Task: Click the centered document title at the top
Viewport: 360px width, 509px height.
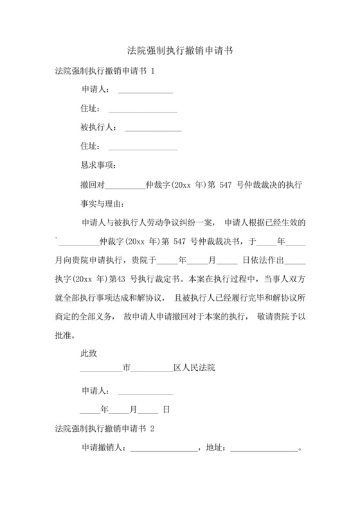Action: [179, 50]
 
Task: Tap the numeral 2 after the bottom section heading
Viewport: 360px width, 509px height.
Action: [152, 427]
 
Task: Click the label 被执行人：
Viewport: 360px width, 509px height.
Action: [98, 127]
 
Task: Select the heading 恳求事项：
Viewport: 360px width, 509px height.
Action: [98, 165]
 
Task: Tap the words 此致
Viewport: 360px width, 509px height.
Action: [89, 353]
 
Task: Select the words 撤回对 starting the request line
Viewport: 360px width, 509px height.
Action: [92, 184]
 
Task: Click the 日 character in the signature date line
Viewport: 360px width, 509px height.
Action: [166, 408]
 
